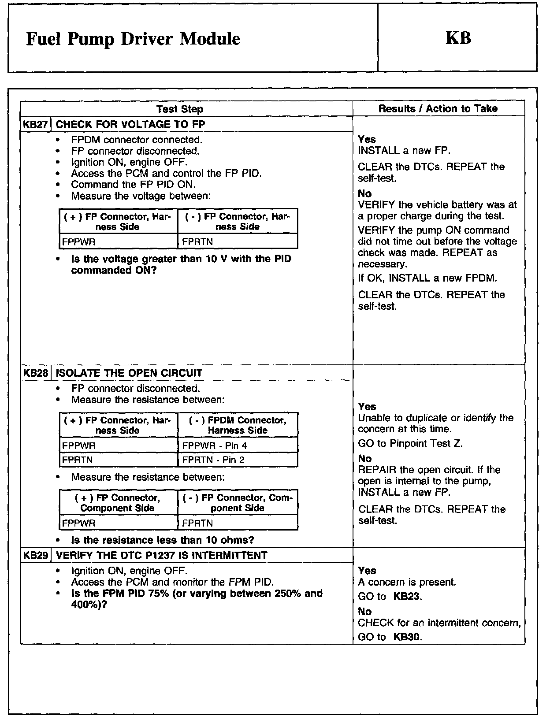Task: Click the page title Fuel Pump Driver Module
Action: pos(133,39)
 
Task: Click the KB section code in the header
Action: pos(458,38)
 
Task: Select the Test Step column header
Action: pos(179,109)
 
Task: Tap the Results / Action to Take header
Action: pos(438,108)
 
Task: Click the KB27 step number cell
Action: pos(35,124)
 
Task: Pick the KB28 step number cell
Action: pos(35,373)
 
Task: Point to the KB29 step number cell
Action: pos(35,555)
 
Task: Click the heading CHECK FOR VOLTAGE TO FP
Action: pos(130,124)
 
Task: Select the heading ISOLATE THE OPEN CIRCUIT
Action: pos(129,373)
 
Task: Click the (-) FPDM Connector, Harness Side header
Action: pos(238,425)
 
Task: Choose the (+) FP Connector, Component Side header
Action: pos(118,503)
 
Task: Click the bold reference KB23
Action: pos(407,597)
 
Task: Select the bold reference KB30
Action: pos(407,637)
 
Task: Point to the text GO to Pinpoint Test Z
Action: pos(410,443)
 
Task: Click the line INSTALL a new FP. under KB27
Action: pos(404,151)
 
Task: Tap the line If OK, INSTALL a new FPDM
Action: pos(427,278)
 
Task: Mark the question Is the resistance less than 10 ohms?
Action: pos(163,540)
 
